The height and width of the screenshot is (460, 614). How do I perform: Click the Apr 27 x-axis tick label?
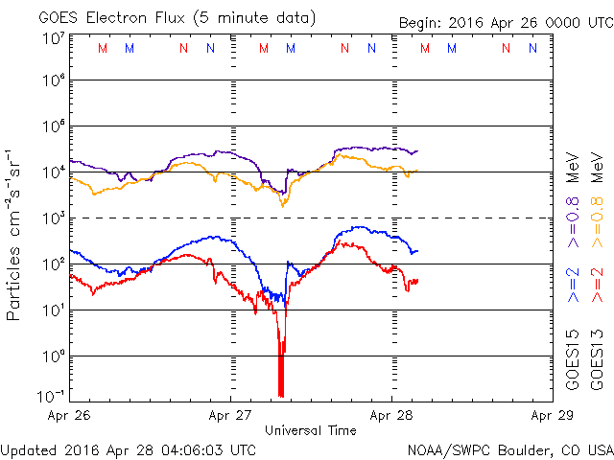tap(230, 416)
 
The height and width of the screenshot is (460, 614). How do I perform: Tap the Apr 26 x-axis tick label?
tap(70, 416)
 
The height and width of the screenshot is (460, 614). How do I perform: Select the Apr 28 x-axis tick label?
tap(391, 416)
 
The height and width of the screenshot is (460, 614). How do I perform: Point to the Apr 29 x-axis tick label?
tap(551, 416)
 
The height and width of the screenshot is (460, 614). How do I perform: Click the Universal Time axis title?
tap(311, 430)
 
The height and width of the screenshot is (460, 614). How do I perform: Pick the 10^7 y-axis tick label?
tap(53, 37)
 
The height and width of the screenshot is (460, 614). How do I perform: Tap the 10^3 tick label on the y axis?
tap(53, 218)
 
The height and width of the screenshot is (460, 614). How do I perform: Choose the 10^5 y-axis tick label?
tap(53, 126)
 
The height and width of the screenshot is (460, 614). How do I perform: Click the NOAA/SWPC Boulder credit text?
tap(509, 448)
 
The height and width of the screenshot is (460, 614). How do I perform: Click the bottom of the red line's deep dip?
tap(280, 393)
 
